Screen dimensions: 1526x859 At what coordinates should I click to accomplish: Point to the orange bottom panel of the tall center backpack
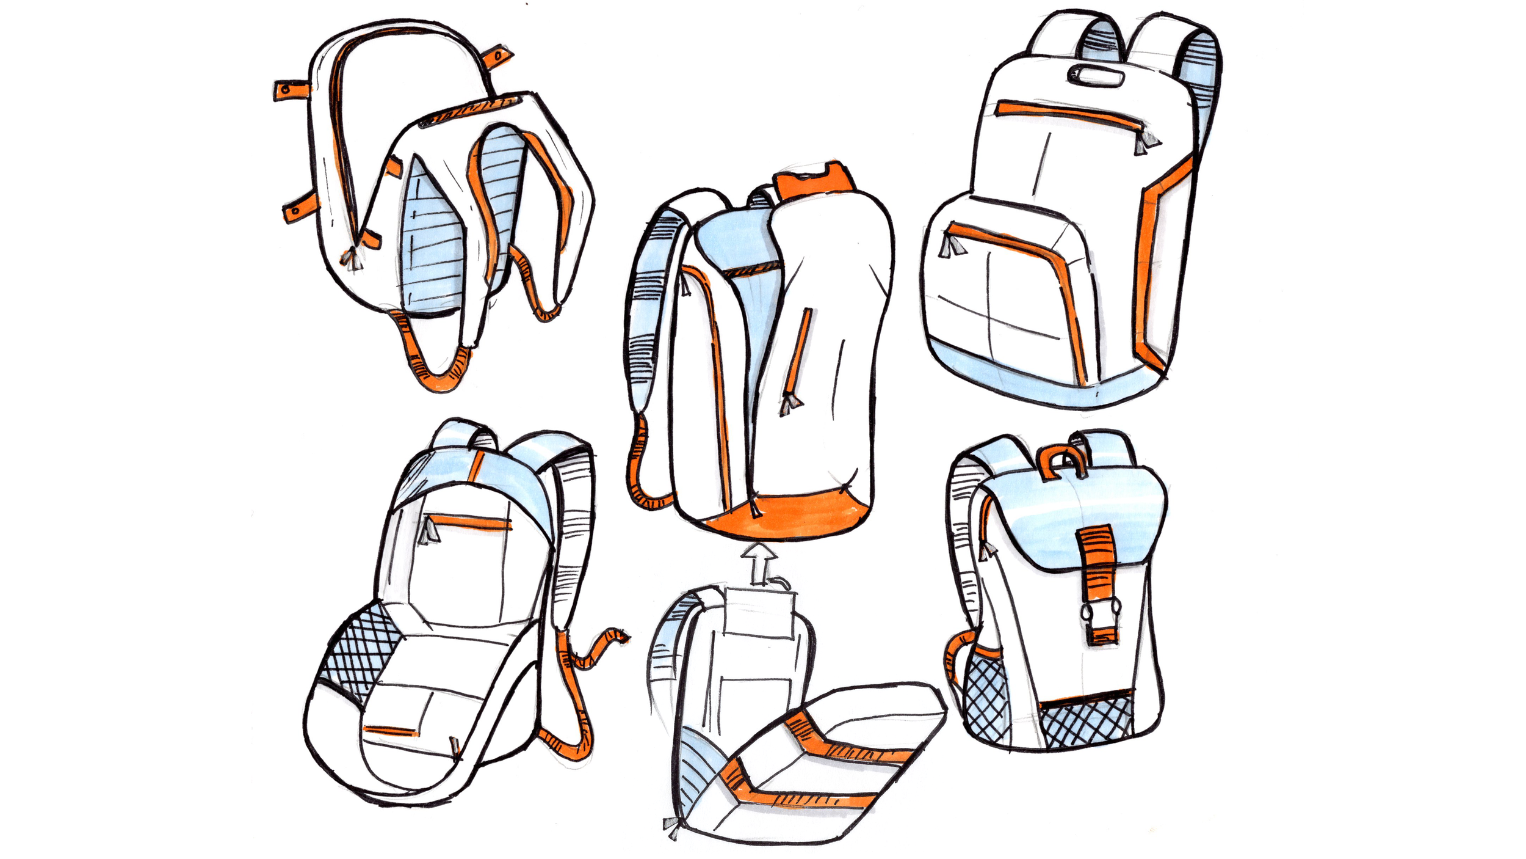(787, 516)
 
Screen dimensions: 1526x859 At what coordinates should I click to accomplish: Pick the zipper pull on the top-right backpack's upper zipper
(1145, 144)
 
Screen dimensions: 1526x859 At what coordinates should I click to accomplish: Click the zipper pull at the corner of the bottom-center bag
(673, 829)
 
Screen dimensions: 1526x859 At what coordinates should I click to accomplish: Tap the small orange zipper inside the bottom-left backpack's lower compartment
(391, 730)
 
